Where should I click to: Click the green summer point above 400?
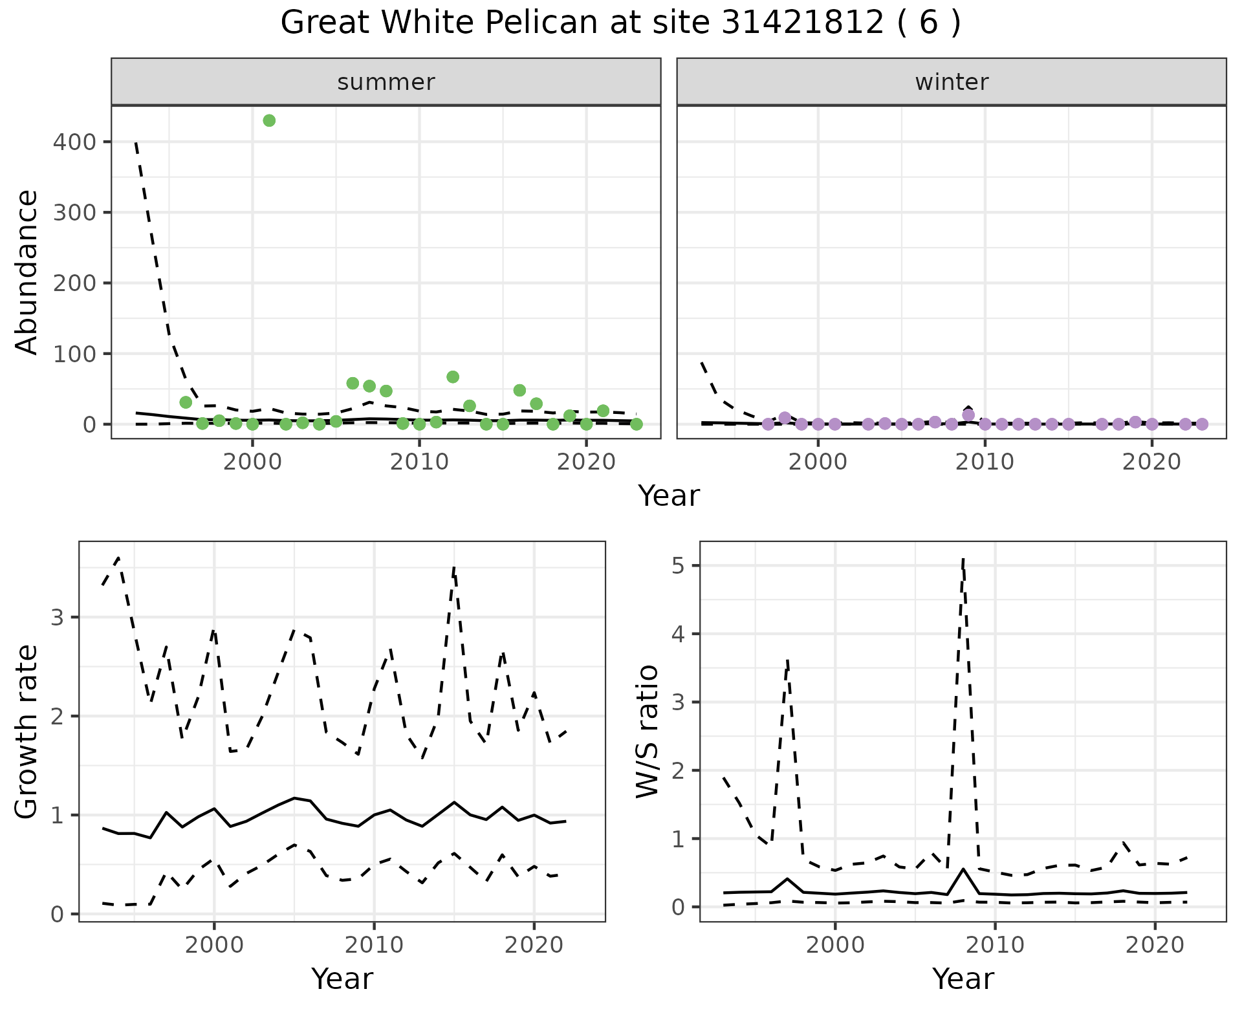coord(269,120)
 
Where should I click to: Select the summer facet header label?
coord(386,82)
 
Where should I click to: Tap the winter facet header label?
coord(952,82)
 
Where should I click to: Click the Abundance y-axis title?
coord(27,272)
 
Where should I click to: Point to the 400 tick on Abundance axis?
coord(71,142)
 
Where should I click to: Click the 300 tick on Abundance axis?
coord(71,212)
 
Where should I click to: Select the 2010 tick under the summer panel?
coord(419,462)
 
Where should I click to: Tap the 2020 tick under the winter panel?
coord(1151,462)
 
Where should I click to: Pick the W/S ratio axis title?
coord(648,731)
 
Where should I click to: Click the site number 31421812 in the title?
coord(802,23)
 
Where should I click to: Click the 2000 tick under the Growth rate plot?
coord(214,946)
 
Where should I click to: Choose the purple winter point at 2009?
coord(968,415)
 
